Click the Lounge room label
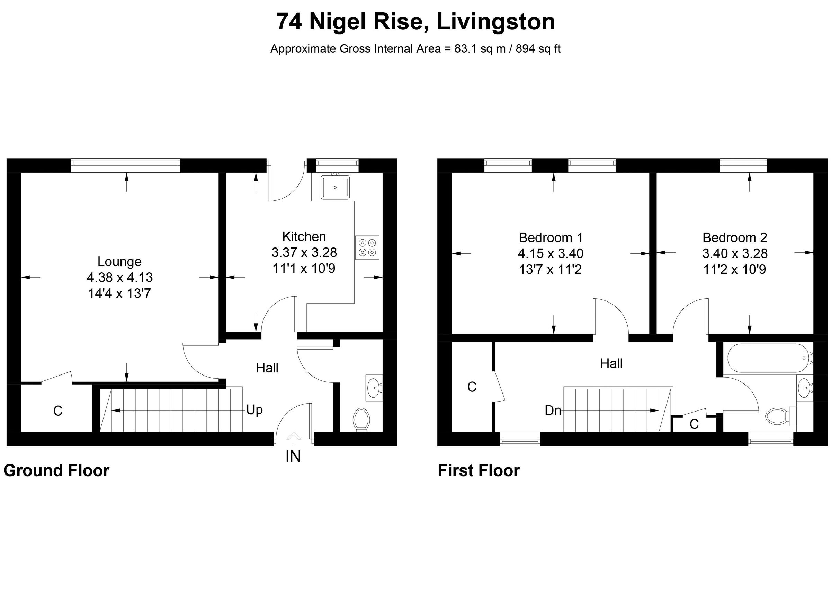coord(119,261)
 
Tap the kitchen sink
coord(335,187)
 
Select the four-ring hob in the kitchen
coord(367,247)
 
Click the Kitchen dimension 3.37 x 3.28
coord(304,253)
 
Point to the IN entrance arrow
coord(294,438)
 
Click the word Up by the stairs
coord(254,410)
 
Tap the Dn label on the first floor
coord(553,410)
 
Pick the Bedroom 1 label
coord(550,238)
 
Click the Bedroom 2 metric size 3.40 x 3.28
coord(735,253)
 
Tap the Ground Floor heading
coord(56,471)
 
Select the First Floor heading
coord(479,471)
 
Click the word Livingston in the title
coord(495,21)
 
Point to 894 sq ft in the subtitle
coord(538,49)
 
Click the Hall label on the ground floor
coord(267,368)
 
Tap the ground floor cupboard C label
coord(57,411)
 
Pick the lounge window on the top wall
coord(126,165)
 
